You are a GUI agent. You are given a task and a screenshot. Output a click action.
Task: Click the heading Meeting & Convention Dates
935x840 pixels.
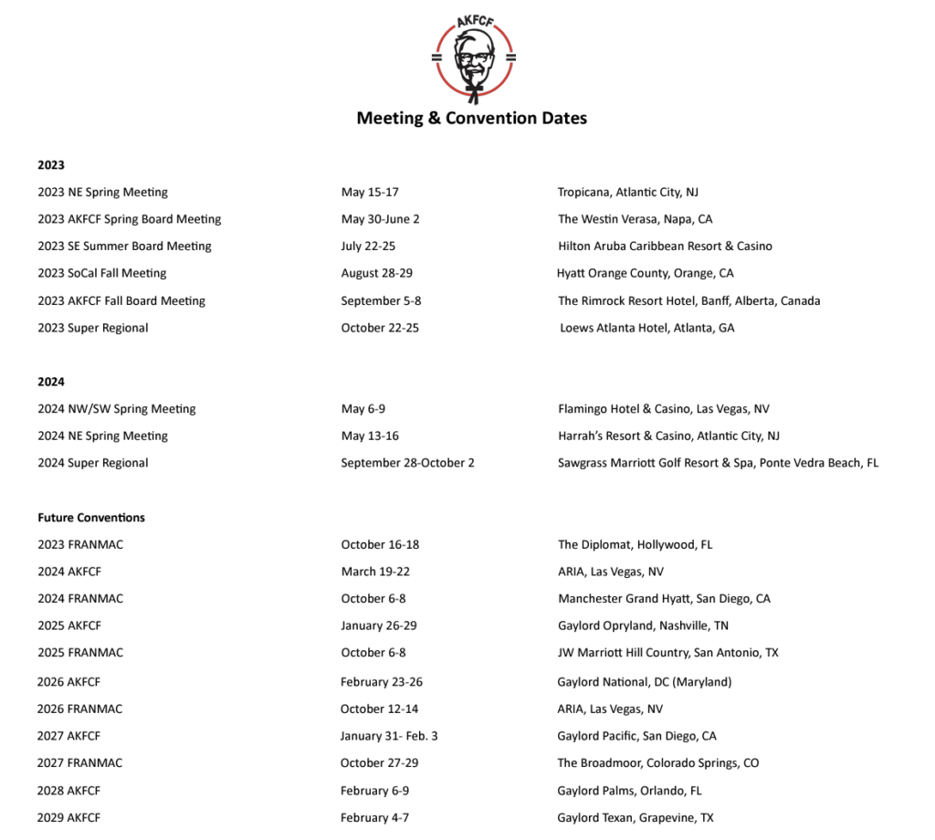coord(471,118)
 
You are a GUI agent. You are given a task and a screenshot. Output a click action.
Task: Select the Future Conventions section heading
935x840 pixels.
coord(91,518)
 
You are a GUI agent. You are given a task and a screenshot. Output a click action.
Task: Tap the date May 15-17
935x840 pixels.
coord(370,193)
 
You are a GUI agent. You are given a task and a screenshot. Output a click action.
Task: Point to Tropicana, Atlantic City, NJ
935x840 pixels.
coord(628,193)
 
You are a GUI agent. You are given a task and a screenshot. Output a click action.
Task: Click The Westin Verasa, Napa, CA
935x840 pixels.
coord(635,219)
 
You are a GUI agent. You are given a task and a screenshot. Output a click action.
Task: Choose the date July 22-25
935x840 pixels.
coord(368,247)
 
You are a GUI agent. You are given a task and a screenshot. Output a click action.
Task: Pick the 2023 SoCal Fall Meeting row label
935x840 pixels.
coord(102,273)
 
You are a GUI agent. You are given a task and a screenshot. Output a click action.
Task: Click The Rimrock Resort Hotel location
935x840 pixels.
coord(688,300)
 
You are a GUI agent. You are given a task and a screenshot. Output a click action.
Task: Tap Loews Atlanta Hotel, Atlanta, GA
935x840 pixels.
coord(646,328)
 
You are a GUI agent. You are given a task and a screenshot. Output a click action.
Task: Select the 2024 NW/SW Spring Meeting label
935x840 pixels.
coord(117,409)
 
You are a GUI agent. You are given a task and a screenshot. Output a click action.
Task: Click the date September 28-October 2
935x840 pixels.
coord(407,463)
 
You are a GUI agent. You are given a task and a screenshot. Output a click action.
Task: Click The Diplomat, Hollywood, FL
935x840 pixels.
coord(635,544)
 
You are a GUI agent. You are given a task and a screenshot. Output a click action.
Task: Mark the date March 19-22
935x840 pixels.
coord(375,572)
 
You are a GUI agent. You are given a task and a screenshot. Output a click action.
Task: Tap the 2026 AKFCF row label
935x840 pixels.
coord(68,682)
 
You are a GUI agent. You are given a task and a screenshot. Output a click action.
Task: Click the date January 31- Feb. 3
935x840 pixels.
coord(389,736)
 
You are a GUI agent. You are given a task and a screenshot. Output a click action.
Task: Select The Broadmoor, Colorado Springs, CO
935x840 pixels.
coord(657,763)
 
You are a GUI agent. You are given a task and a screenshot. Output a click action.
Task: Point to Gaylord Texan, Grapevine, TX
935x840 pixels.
coord(636,818)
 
